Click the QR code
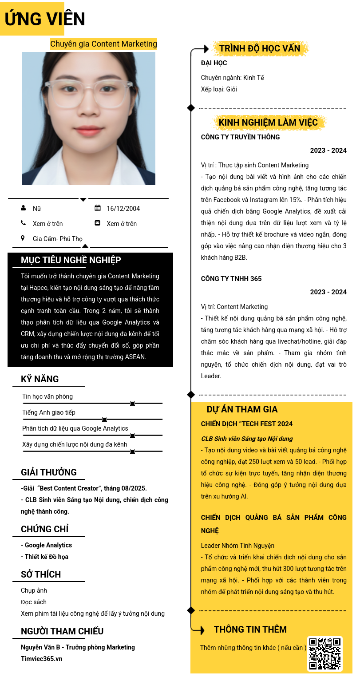pyautogui.click(x=325, y=653)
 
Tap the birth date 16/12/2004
pyautogui.click(x=123, y=209)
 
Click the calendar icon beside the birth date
pyautogui.click(x=98, y=208)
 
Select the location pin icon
pyautogui.click(x=23, y=238)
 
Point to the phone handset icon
pyautogui.click(x=23, y=223)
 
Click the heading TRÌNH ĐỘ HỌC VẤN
pyautogui.click(x=260, y=48)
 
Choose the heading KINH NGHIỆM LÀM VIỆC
pyautogui.click(x=268, y=123)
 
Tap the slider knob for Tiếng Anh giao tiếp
pyautogui.click(x=105, y=419)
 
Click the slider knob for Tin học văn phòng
pyautogui.click(x=132, y=403)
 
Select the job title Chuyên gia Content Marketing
pyautogui.click(x=103, y=44)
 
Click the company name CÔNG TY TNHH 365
pyautogui.click(x=231, y=279)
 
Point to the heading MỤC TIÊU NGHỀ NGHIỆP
pyautogui.click(x=71, y=260)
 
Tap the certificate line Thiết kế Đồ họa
pyautogui.click(x=45, y=557)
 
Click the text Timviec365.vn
pyautogui.click(x=41, y=659)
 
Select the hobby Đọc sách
pyautogui.click(x=34, y=602)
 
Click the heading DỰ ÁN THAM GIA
pyautogui.click(x=242, y=409)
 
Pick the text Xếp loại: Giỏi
pyautogui.click(x=219, y=89)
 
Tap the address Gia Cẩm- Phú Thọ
pyautogui.click(x=58, y=239)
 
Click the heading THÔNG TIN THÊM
pyautogui.click(x=250, y=630)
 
